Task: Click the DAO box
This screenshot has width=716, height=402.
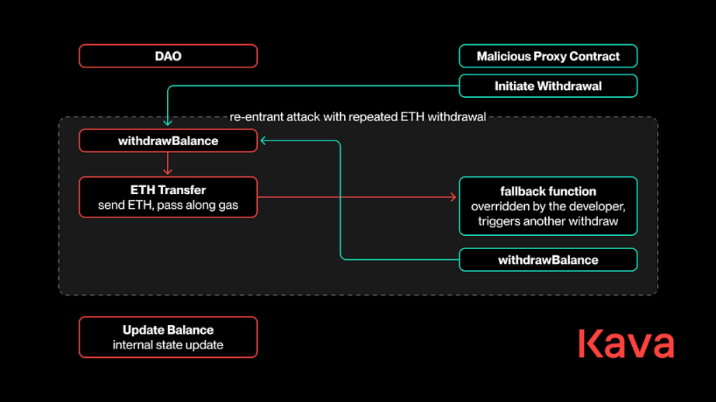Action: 168,56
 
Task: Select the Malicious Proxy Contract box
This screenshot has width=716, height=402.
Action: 548,56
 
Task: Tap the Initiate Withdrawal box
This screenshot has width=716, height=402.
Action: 548,86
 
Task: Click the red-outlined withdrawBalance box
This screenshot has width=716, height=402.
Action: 168,140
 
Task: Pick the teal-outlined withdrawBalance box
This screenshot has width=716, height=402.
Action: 548,260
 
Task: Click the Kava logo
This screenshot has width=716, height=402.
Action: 626,343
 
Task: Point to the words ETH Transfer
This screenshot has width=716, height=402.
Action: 168,190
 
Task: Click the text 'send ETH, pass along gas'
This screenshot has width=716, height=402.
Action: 168,205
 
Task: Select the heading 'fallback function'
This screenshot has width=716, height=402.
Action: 548,191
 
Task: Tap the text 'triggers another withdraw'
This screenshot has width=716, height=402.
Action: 548,221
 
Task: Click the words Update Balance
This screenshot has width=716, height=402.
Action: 168,330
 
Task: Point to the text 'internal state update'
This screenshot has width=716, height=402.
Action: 168,345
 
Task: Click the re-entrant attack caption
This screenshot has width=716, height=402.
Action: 357,117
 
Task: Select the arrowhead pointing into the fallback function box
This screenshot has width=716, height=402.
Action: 454,197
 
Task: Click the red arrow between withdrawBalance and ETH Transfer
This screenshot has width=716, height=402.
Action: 168,163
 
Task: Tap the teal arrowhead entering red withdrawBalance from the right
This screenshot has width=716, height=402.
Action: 263,140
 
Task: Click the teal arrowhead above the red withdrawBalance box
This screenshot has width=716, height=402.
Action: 168,123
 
